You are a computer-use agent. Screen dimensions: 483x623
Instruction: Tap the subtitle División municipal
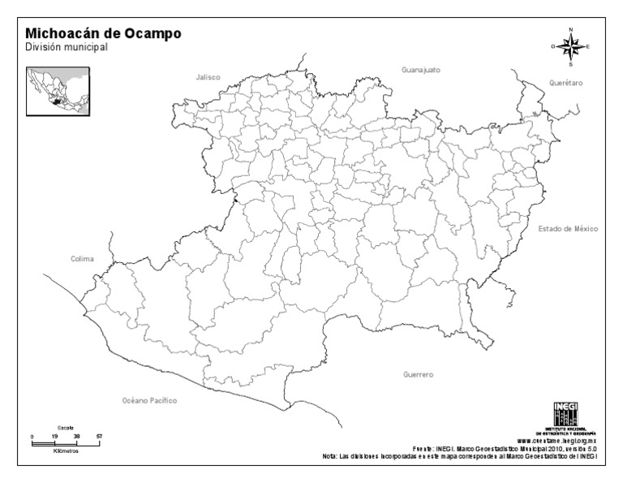point(66,47)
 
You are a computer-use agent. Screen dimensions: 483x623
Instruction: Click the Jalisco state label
point(208,77)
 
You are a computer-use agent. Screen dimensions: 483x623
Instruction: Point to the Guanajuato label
point(420,70)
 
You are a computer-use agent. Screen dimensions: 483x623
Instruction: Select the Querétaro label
point(566,83)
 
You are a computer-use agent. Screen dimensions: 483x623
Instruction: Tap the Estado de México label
point(568,229)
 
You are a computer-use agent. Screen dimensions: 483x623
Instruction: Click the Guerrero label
point(418,375)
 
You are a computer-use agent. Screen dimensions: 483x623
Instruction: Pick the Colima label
point(82,259)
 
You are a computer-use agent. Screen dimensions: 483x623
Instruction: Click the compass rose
point(571,46)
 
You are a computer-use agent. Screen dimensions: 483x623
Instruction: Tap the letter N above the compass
point(571,30)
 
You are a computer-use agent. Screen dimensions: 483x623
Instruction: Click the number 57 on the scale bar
point(99,437)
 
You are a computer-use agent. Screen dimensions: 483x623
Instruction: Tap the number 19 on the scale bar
point(54,437)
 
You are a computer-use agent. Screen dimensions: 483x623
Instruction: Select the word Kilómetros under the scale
point(66,451)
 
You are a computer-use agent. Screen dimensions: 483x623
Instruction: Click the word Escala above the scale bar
point(66,427)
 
